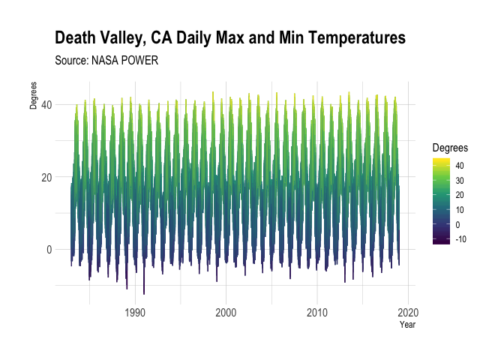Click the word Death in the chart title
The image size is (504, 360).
(x=76, y=37)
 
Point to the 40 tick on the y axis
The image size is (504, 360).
(x=46, y=104)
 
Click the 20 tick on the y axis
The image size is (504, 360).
(x=46, y=177)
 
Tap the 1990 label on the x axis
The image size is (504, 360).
(x=135, y=312)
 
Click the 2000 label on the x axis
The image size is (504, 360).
(x=226, y=312)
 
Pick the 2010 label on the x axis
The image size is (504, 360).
(x=317, y=312)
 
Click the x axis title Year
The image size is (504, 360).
(x=407, y=325)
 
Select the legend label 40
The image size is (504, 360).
(x=459, y=166)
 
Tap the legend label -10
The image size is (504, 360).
(x=461, y=239)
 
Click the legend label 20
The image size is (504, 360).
(x=459, y=195)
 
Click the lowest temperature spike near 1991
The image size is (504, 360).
(x=144, y=292)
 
